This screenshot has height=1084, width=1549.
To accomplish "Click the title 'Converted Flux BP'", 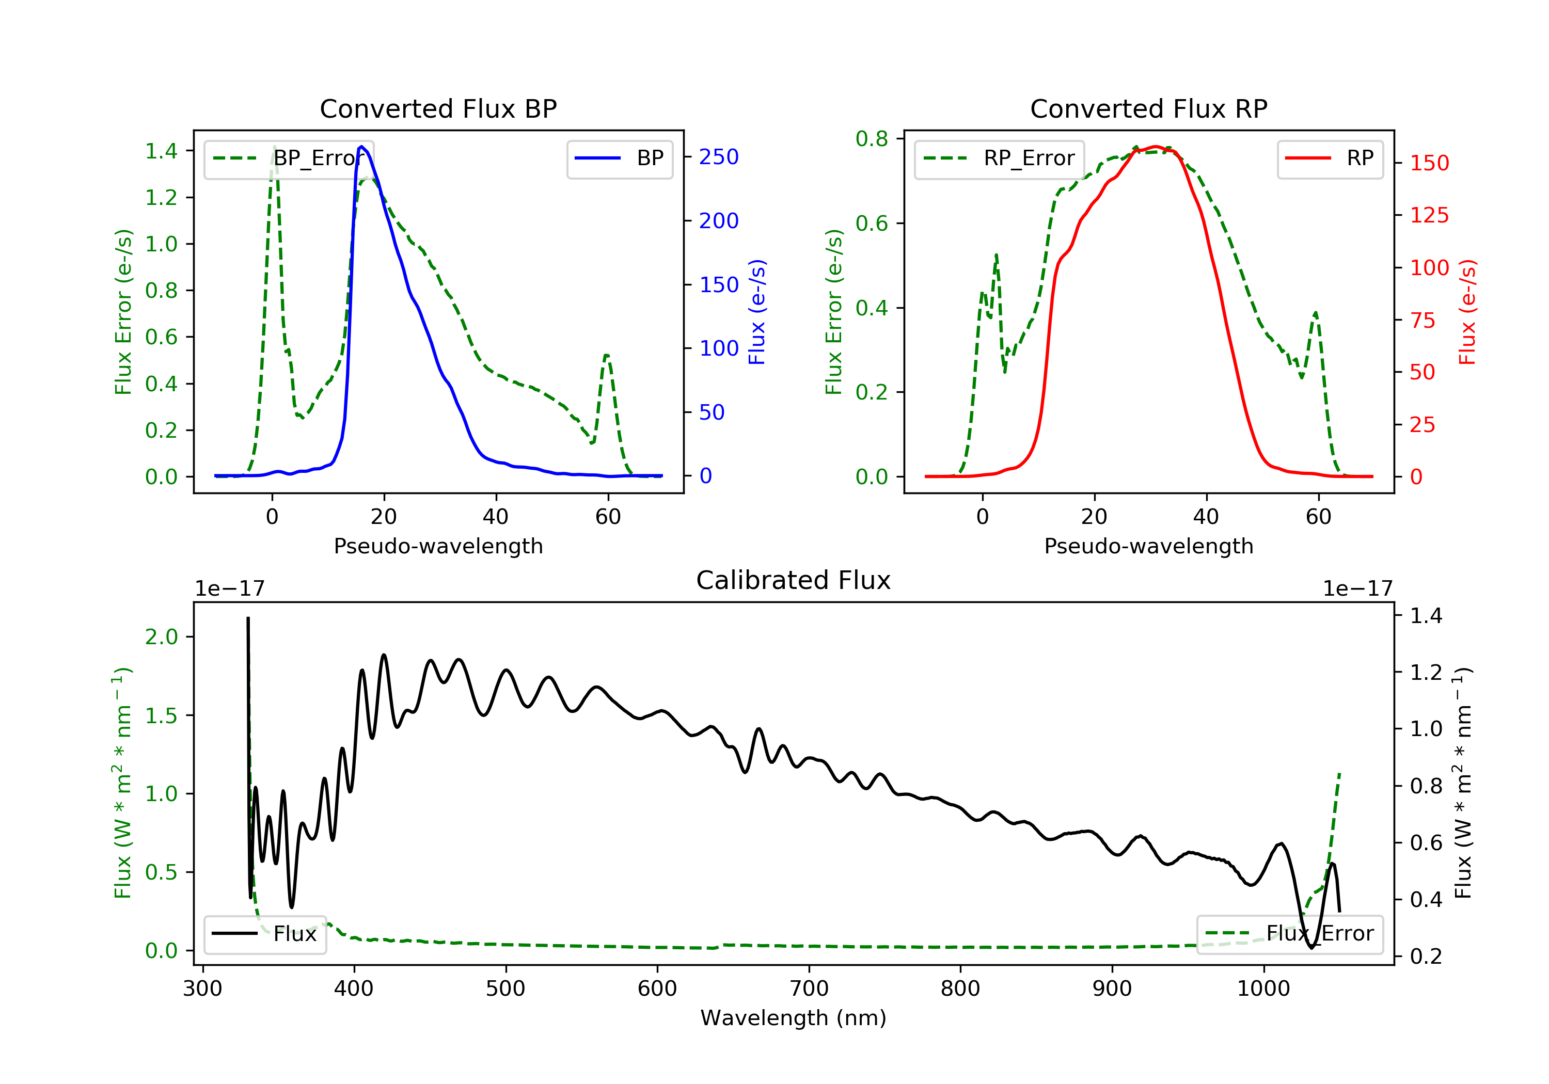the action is pyautogui.click(x=438, y=108).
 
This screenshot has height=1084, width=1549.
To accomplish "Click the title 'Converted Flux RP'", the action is pyautogui.click(x=1148, y=108).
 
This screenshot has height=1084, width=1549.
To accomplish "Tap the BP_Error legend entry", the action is pyautogui.click(x=289, y=158).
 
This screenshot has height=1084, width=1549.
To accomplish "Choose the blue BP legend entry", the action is pyautogui.click(x=619, y=158).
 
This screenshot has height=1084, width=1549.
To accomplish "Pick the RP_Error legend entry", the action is pyautogui.click(x=999, y=158).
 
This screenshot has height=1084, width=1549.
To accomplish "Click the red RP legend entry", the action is pyautogui.click(x=1330, y=158).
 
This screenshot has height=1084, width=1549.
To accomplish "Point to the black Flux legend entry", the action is pyautogui.click(x=264, y=934).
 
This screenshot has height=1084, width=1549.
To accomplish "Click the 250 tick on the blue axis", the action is pyautogui.click(x=719, y=157).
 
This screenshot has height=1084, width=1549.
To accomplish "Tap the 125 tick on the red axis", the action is pyautogui.click(x=1429, y=216).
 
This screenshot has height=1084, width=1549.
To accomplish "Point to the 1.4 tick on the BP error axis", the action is pyautogui.click(x=162, y=151).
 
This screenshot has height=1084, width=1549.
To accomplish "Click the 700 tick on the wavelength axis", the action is pyautogui.click(x=809, y=989).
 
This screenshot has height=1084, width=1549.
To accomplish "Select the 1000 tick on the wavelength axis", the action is pyautogui.click(x=1263, y=989).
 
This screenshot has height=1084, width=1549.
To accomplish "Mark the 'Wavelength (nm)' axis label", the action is pyautogui.click(x=794, y=1018).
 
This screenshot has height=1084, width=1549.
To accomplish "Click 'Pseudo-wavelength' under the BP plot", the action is pyautogui.click(x=438, y=546).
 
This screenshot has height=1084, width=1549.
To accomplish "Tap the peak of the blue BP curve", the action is pyautogui.click(x=361, y=147).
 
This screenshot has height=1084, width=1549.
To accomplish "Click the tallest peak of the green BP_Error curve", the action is pyautogui.click(x=274, y=147).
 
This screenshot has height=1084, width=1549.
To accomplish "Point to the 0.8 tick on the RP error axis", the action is pyautogui.click(x=872, y=139).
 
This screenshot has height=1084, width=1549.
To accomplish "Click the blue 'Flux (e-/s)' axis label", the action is pyautogui.click(x=757, y=312).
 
